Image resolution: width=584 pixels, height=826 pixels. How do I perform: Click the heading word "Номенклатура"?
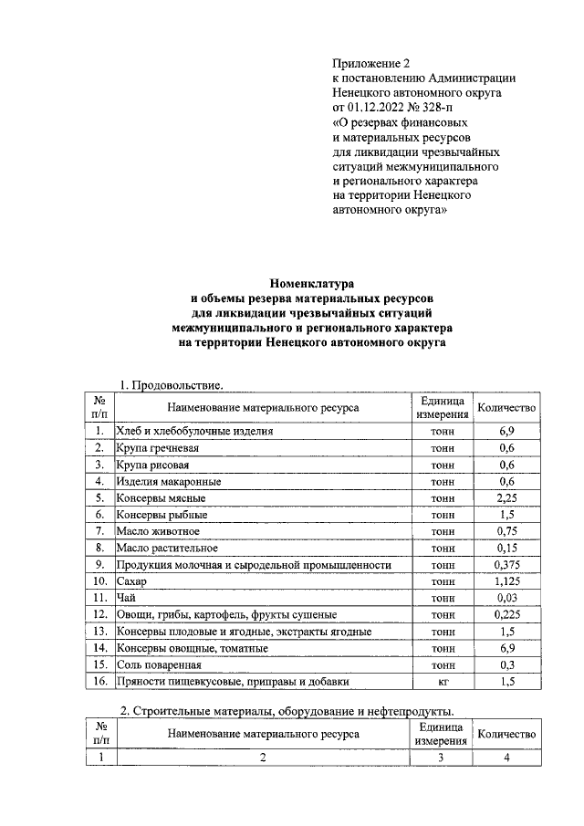coord(311,283)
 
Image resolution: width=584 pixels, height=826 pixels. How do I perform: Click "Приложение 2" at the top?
coord(371,64)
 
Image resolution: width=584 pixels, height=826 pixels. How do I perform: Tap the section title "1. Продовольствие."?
coord(172,386)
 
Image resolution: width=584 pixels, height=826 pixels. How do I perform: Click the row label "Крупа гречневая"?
coord(157,448)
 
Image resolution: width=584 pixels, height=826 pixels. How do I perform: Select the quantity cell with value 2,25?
coord(506,498)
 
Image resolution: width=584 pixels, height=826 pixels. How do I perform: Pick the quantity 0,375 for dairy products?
coord(506,565)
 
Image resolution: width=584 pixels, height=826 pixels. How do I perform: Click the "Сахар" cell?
coord(132,581)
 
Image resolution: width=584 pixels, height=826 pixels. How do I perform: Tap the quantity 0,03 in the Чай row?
coord(506,598)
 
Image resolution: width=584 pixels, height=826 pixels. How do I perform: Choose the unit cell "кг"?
coord(442,682)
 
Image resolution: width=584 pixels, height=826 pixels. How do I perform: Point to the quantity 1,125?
coord(506,581)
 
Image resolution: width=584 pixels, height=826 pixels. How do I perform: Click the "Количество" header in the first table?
coord(506,407)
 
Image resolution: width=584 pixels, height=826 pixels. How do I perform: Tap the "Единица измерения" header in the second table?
coord(442,734)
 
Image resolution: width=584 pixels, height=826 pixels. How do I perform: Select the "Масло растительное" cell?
coord(166,549)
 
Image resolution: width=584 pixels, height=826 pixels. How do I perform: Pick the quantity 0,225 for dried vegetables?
coord(506,615)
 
